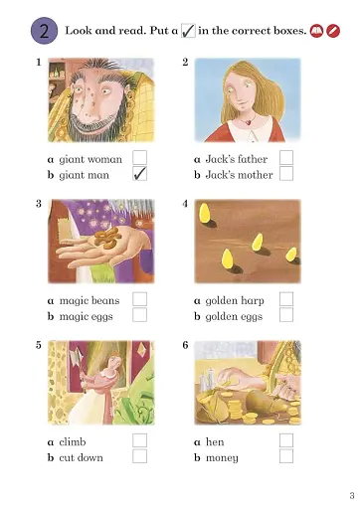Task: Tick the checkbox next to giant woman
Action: click(140, 157)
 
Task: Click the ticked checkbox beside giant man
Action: click(140, 174)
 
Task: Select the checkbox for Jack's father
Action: click(286, 157)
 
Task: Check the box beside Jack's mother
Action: click(286, 174)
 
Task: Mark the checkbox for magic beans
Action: click(140, 298)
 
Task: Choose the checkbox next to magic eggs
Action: click(140, 315)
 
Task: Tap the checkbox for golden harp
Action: click(286, 298)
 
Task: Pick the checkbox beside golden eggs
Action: click(286, 315)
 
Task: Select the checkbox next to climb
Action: click(140, 440)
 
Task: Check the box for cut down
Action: click(140, 457)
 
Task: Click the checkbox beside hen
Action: click(286, 440)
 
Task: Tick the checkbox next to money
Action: click(286, 457)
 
